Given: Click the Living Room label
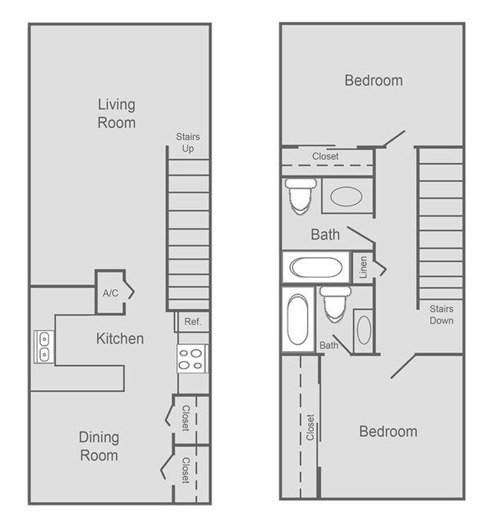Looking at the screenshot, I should pyautogui.click(x=116, y=113).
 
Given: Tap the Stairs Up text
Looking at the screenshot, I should pyautogui.click(x=188, y=142).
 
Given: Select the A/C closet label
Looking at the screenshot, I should pyautogui.click(x=109, y=293).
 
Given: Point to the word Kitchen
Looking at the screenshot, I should pyautogui.click(x=119, y=339).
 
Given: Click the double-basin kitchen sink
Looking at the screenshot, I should pyautogui.click(x=43, y=346).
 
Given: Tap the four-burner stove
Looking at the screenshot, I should pyautogui.click(x=193, y=358).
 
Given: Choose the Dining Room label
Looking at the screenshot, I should pyautogui.click(x=98, y=446).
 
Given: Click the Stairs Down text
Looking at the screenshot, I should pyautogui.click(x=441, y=315).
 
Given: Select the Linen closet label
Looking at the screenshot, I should pyautogui.click(x=362, y=268).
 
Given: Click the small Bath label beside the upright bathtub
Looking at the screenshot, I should pyautogui.click(x=328, y=346).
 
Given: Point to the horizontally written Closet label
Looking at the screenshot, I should pyautogui.click(x=325, y=156).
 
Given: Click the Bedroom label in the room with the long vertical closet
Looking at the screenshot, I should pyautogui.click(x=388, y=431).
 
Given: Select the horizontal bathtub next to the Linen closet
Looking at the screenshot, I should pyautogui.click(x=315, y=268).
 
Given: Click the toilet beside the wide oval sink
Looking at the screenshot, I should pyautogui.click(x=300, y=195).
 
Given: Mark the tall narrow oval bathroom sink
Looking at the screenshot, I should pyautogui.click(x=363, y=330).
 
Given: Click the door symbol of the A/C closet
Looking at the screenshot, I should pyautogui.click(x=130, y=292).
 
